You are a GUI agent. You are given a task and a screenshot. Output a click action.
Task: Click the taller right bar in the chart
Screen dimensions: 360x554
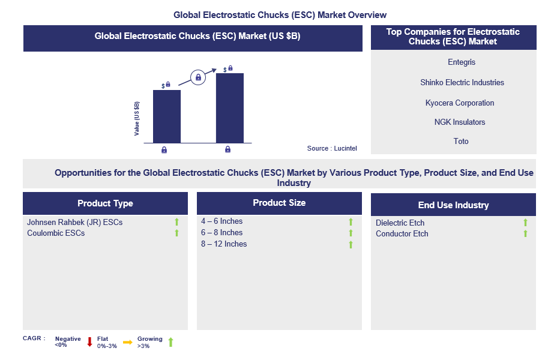pos(229,108)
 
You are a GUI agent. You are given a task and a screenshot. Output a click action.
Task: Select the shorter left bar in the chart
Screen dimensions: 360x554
pos(166,116)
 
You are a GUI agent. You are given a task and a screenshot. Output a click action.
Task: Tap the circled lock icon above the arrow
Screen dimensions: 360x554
pos(198,77)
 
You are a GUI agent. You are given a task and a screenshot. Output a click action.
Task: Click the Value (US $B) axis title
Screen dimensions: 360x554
pos(137,119)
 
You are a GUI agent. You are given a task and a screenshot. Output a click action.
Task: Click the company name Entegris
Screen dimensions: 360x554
pos(461,62)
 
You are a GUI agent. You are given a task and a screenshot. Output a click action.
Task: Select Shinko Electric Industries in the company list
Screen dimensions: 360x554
pos(462,82)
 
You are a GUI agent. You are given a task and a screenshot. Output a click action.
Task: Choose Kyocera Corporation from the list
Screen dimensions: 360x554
pos(460,103)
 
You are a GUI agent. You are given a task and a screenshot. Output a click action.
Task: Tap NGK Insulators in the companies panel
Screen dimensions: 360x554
pos(460,122)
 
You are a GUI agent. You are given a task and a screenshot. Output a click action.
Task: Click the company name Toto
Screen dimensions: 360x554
pos(461,141)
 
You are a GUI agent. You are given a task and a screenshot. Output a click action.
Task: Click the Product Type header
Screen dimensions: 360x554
pos(105,203)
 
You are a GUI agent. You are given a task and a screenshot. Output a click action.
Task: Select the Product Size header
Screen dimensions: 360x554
pos(279,203)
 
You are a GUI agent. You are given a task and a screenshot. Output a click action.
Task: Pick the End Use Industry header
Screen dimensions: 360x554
pos(453,205)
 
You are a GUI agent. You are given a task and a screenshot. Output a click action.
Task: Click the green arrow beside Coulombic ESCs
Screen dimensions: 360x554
pos(176,233)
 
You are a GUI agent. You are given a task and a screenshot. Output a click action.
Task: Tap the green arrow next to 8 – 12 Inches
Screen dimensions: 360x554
pos(351,244)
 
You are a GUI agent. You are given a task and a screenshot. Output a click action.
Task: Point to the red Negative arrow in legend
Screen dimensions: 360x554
pos(89,342)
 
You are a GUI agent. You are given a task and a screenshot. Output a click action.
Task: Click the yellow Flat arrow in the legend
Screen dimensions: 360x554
pos(127,342)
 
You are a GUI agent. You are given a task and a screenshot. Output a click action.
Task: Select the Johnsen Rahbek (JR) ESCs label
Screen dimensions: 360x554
pos(74,222)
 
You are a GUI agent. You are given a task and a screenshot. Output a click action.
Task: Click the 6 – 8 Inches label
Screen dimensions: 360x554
pos(221,232)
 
